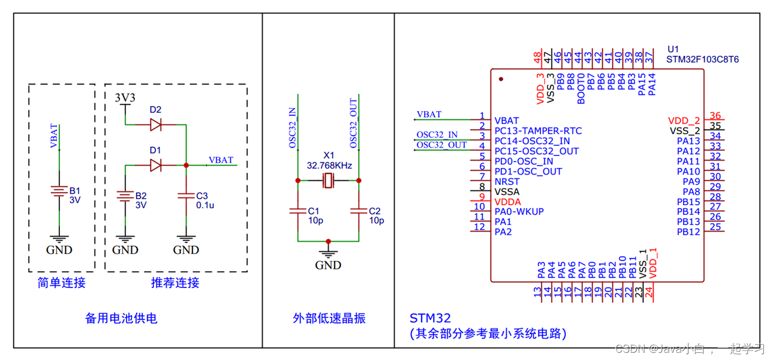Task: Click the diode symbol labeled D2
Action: [x=156, y=125]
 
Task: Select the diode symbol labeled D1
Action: [x=156, y=165]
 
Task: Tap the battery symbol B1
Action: [x=59, y=191]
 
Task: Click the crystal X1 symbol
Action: [x=328, y=180]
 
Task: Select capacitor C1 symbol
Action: [x=298, y=211]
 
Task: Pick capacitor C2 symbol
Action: [x=359, y=211]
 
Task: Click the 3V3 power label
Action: [x=125, y=97]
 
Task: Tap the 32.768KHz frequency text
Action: [x=329, y=165]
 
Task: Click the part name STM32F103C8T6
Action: [x=702, y=59]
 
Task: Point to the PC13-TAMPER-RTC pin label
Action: [x=538, y=131]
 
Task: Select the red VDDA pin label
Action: [x=507, y=202]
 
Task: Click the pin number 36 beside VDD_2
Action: [x=715, y=116]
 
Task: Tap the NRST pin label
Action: [x=507, y=182]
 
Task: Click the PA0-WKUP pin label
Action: [x=519, y=212]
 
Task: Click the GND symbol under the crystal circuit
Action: [x=328, y=255]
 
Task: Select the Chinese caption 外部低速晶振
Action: [x=329, y=319]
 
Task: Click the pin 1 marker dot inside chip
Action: [x=501, y=79]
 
